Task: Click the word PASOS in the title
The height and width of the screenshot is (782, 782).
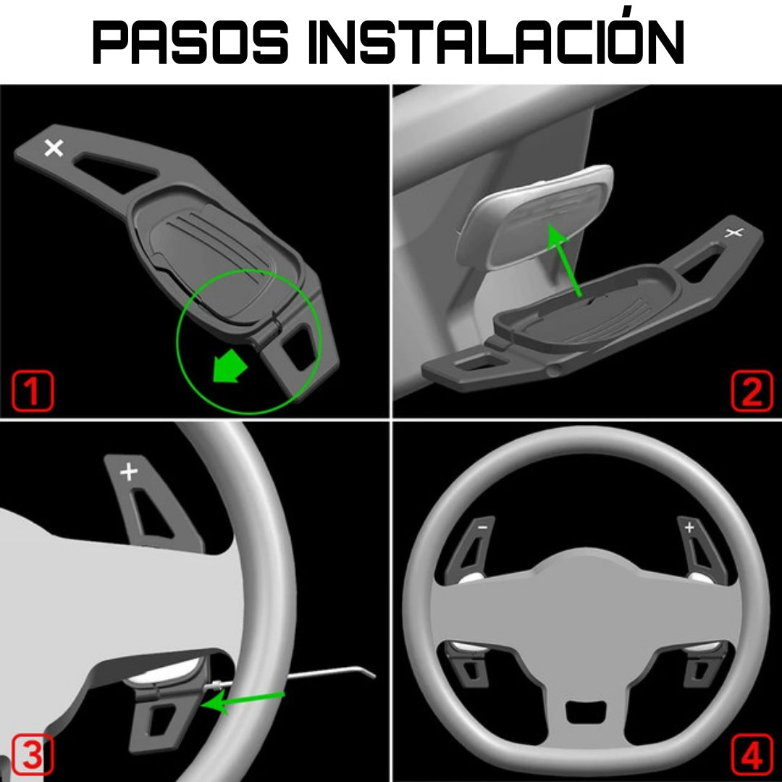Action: coord(190,43)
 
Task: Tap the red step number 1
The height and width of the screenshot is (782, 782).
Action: coord(33,391)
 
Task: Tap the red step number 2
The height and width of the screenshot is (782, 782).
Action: coord(752,392)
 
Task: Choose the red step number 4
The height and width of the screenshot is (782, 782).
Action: coord(752,754)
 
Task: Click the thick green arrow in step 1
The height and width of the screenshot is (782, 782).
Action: coord(230,366)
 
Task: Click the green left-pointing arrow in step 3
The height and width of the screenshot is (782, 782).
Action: coord(243,701)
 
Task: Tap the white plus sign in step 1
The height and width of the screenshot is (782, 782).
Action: coord(54,148)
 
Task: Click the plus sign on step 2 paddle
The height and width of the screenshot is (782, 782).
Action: coord(733,232)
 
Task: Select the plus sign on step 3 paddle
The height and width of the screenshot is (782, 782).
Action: coord(129,471)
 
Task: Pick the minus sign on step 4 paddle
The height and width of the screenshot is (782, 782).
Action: coord(482,527)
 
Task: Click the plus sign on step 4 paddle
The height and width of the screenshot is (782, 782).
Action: coord(689,527)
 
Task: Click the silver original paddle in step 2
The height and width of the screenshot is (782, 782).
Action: coord(534,217)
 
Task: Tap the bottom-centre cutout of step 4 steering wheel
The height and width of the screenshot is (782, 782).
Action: coord(586,712)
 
